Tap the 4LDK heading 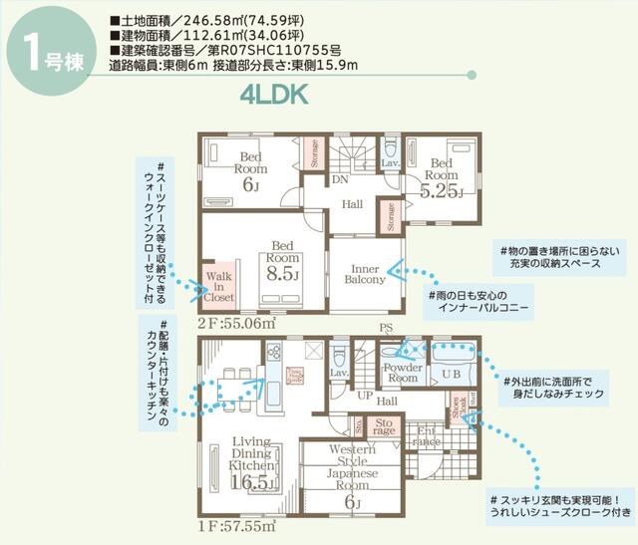click(272, 95)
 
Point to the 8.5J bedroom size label click(282, 266)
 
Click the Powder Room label click(402, 372)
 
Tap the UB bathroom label click(450, 373)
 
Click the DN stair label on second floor click(339, 181)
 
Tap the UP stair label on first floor click(366, 395)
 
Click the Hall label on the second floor click(352, 203)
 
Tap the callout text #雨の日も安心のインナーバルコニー click(478, 303)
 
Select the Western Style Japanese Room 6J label click(350, 473)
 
